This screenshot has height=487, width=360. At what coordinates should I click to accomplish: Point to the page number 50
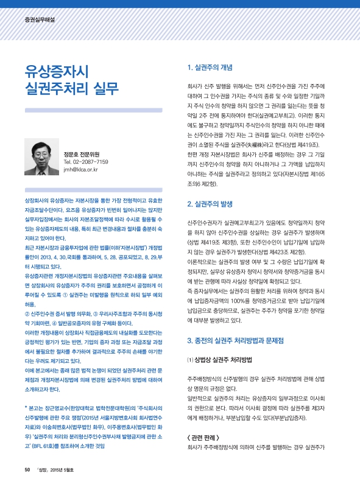[x=27, y=469]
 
